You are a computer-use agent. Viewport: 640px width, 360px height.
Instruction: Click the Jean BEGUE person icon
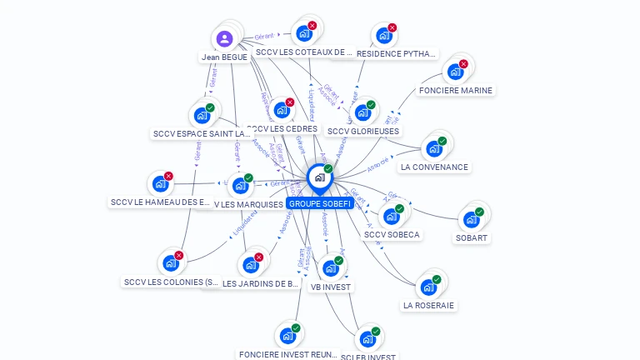[x=224, y=38]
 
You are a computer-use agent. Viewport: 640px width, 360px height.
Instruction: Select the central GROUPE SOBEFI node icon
[x=319, y=177]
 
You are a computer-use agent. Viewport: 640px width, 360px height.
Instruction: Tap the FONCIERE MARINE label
[x=456, y=90]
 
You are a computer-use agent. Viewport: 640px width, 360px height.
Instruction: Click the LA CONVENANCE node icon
[x=433, y=149]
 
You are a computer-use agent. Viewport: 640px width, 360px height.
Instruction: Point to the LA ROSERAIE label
[x=428, y=305]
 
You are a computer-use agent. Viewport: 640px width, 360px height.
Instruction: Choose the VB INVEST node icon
[x=331, y=268]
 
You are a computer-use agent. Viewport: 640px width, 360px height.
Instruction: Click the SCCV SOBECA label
[x=392, y=234]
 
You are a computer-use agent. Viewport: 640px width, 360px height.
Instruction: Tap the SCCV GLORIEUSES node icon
[x=362, y=112]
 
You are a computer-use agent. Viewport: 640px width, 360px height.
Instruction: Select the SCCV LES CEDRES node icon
[x=282, y=110]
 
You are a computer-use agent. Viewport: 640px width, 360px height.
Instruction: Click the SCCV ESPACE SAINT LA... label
[x=202, y=133]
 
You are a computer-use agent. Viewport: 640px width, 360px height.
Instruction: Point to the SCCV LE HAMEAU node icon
[x=159, y=184]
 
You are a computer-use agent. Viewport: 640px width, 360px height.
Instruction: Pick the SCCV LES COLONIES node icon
[x=170, y=263]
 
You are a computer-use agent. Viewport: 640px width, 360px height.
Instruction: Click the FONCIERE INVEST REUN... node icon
[x=287, y=336]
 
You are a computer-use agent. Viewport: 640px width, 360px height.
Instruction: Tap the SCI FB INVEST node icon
[x=367, y=339]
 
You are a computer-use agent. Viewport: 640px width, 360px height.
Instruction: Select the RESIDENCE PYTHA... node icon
[x=383, y=36]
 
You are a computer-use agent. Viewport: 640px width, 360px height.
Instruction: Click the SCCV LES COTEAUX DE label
[x=303, y=52]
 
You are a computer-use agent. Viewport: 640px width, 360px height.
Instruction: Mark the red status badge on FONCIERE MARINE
[x=463, y=64]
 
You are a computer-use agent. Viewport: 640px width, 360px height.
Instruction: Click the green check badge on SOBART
[x=479, y=212]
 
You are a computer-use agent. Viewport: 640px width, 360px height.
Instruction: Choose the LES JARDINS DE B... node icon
[x=250, y=265]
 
